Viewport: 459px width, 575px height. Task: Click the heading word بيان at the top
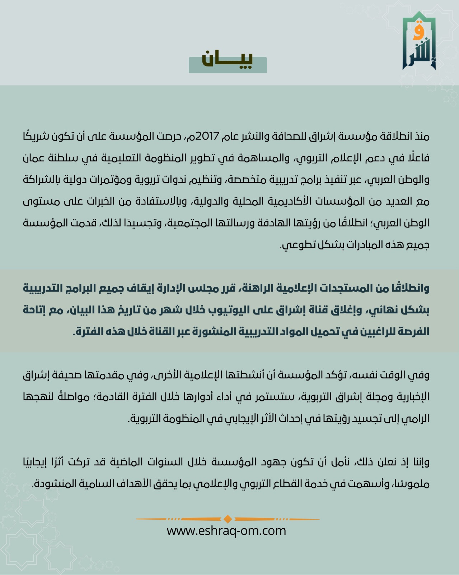coord(228,60)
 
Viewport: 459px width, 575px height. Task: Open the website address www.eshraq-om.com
coord(226,530)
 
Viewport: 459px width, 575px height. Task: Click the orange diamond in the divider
coord(228,519)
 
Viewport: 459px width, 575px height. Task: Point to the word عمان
coord(36,158)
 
